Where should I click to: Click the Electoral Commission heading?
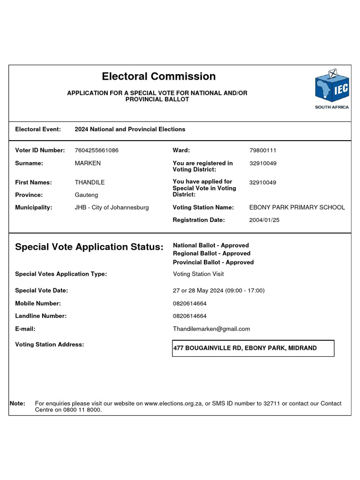click(x=158, y=76)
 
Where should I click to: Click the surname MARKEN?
click(x=88, y=163)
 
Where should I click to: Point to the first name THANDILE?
click(x=90, y=182)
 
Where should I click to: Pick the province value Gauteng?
click(x=86, y=195)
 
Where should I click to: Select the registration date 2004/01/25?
click(x=264, y=220)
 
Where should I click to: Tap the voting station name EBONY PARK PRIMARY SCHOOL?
click(x=297, y=207)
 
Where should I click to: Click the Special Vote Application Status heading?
click(x=90, y=247)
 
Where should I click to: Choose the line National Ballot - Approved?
click(x=211, y=245)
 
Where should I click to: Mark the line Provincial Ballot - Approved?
click(x=213, y=262)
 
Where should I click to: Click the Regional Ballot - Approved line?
click(x=211, y=254)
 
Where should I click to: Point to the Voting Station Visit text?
click(x=198, y=274)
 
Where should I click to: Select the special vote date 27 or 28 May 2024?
click(x=218, y=291)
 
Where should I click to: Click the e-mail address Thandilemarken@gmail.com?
click(x=211, y=329)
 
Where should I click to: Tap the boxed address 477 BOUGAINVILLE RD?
click(x=245, y=348)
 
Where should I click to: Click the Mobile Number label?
click(x=38, y=303)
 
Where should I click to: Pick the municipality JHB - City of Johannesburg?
click(x=112, y=207)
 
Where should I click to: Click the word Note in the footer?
click(x=17, y=404)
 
